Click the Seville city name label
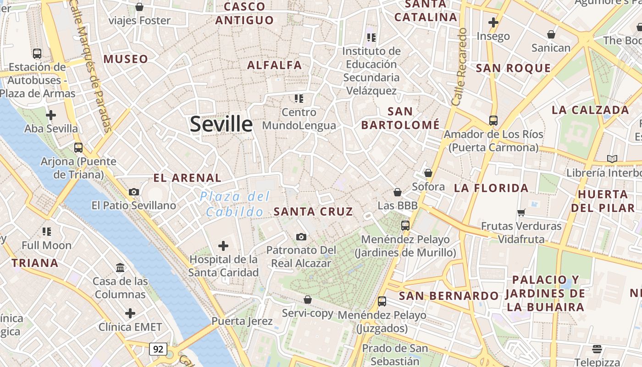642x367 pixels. [x=221, y=124]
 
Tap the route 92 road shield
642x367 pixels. [x=158, y=349]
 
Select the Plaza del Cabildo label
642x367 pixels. [x=235, y=204]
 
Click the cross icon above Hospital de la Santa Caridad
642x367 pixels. [x=223, y=246]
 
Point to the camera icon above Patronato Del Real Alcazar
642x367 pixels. [x=301, y=237]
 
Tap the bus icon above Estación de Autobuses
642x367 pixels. [x=37, y=54]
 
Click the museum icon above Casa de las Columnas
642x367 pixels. [x=120, y=267]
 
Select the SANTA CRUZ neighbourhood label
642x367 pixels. [x=313, y=211]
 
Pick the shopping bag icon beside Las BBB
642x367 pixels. [x=398, y=192]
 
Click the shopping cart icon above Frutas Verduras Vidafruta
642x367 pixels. [x=521, y=212]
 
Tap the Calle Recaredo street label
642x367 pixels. [x=459, y=67]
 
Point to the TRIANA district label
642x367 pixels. [x=35, y=263]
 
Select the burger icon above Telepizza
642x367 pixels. [x=597, y=349]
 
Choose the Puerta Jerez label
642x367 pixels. [x=242, y=321]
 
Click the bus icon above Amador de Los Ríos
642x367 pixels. [x=493, y=121]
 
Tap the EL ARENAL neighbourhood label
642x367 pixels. [x=187, y=178]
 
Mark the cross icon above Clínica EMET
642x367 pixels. [x=130, y=314]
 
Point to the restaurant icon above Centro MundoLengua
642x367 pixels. [x=299, y=98]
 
